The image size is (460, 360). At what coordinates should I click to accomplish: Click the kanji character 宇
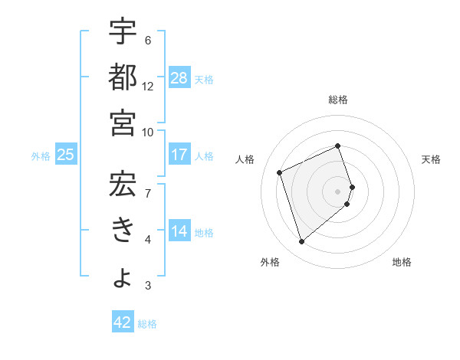point(123,33)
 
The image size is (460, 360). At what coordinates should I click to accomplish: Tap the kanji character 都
point(123,78)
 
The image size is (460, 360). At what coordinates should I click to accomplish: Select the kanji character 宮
point(123,123)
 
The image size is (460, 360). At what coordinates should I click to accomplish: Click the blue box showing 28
point(179,77)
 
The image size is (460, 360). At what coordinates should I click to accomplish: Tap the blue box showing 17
point(179,155)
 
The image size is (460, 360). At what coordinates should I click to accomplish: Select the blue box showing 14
point(179,231)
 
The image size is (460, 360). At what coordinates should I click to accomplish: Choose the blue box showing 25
point(65,155)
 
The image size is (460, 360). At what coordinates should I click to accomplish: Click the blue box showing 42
point(123,322)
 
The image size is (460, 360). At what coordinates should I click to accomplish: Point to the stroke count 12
point(148,86)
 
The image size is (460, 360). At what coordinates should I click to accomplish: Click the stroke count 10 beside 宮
point(148,132)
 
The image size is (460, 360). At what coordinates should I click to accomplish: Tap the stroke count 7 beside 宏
point(148,191)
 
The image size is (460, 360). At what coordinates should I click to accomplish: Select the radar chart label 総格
point(338,100)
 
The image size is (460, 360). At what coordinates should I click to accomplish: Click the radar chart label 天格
point(431,159)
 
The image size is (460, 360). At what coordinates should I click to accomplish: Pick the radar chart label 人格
point(245,159)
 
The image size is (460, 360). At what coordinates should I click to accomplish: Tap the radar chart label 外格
point(269,262)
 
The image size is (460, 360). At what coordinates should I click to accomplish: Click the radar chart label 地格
point(402,262)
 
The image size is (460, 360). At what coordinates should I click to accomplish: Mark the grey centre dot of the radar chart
point(338,191)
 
